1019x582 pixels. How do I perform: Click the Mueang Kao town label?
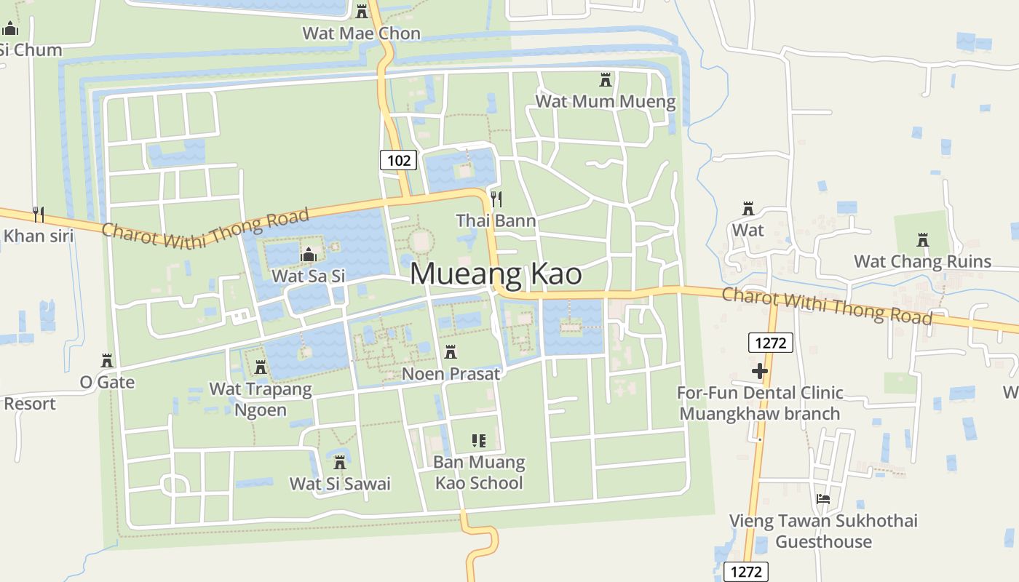click(496, 274)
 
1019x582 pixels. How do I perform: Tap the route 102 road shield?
click(398, 160)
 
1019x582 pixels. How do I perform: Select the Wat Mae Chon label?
click(361, 33)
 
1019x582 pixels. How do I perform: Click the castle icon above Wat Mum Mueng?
click(606, 79)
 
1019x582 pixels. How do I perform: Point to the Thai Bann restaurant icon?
click(496, 198)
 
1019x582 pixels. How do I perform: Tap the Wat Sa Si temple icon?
click(309, 255)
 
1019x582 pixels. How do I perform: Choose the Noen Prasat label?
click(451, 374)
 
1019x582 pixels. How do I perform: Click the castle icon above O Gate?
click(107, 361)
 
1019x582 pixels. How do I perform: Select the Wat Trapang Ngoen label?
click(261, 399)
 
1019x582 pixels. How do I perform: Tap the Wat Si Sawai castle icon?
click(339, 462)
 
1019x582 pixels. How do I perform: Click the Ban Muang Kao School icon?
click(478, 440)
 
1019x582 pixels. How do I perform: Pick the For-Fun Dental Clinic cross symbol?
click(760, 372)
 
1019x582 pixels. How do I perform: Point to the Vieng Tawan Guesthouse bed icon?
click(823, 500)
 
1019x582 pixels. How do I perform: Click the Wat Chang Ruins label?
click(922, 261)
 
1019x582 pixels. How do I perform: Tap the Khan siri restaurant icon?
click(39, 214)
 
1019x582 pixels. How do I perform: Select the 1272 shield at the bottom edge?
click(746, 572)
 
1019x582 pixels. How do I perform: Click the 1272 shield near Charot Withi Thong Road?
click(770, 342)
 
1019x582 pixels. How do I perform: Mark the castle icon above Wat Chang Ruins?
click(923, 239)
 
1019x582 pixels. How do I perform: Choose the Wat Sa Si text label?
click(308, 276)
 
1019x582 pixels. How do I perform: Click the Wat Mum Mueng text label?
click(606, 101)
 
